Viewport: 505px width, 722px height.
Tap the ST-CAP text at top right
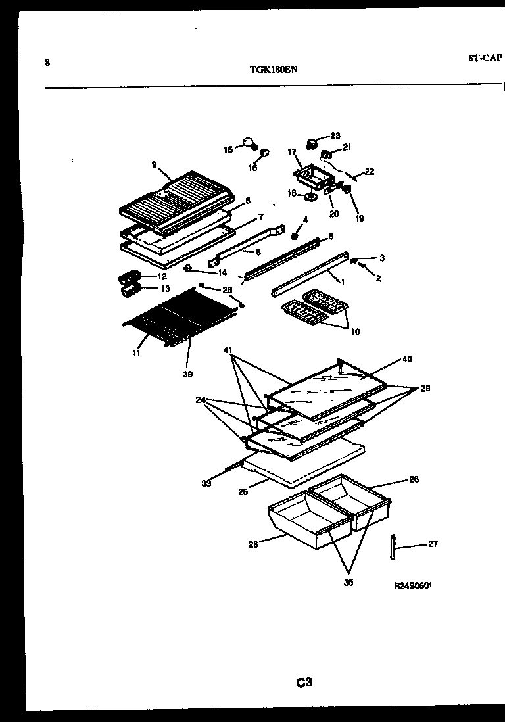(x=485, y=58)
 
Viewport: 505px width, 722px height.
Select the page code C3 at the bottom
(x=303, y=683)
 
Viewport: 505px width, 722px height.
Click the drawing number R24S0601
(x=414, y=585)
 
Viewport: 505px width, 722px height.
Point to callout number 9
(x=155, y=165)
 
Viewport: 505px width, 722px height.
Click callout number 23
(x=335, y=135)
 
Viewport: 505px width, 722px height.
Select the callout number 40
(x=407, y=359)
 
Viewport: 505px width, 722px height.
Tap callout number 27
(x=433, y=544)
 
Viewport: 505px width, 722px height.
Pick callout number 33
(x=206, y=483)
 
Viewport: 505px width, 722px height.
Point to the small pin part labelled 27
(x=393, y=548)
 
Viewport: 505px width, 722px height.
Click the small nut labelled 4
(x=295, y=234)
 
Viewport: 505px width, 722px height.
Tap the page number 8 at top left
(x=47, y=62)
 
